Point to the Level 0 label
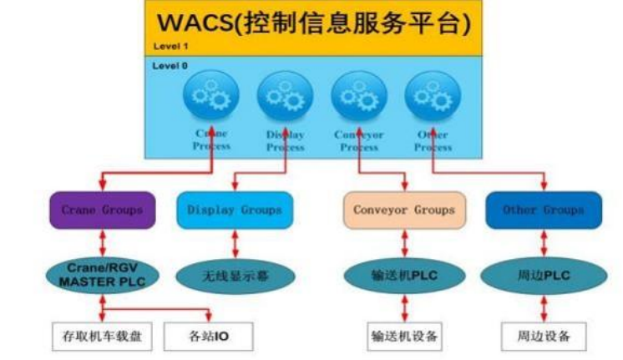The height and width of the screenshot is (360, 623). (170, 65)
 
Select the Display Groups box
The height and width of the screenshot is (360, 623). (235, 210)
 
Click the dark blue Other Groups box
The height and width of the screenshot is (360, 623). (543, 210)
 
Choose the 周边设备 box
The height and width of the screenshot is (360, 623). (544, 337)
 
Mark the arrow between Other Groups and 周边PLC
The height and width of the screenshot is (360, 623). (544, 243)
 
